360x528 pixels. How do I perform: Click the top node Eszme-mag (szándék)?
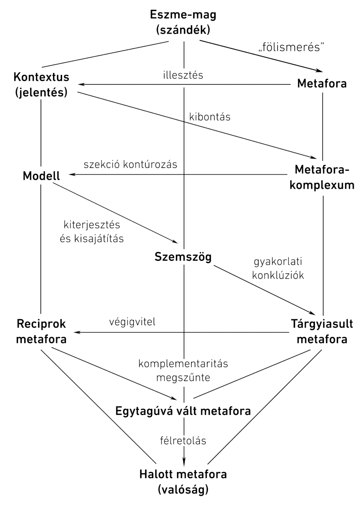click(183, 23)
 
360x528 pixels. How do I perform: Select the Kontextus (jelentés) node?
click(41, 85)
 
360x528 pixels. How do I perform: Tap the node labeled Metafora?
click(322, 83)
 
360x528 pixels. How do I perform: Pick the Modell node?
click(41, 176)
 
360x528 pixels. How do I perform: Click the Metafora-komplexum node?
click(322, 177)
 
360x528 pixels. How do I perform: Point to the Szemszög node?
click(183, 257)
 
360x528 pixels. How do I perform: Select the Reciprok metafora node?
click(41, 331)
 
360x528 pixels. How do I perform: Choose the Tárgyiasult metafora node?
click(319, 331)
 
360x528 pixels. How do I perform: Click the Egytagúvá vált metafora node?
click(183, 411)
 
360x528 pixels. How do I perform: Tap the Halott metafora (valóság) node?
click(183, 482)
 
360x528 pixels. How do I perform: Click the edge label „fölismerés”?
click(292, 47)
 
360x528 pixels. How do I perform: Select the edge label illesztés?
click(183, 75)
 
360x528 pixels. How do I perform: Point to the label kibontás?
click(210, 117)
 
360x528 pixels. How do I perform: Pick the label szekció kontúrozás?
click(130, 164)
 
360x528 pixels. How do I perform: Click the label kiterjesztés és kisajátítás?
click(92, 231)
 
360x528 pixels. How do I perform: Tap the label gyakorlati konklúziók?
click(278, 268)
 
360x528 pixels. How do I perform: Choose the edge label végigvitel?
click(132, 322)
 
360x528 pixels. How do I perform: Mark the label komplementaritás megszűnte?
click(183, 370)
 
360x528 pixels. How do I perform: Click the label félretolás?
click(183, 440)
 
